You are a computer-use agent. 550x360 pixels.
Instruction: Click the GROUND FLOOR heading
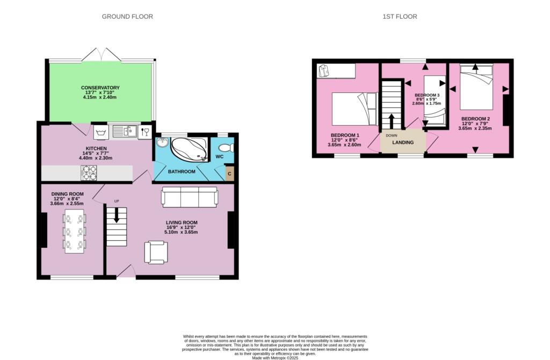pyautogui.click(x=127, y=17)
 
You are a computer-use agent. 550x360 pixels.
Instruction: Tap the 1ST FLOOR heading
pyautogui.click(x=400, y=17)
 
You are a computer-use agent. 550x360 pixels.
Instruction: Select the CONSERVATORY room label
pyautogui.click(x=100, y=88)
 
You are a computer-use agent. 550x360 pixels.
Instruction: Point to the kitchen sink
pyautogui.click(x=125, y=132)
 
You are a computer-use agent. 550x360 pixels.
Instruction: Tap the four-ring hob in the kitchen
pyautogui.click(x=89, y=172)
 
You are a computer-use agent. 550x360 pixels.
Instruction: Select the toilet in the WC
pyautogui.click(x=226, y=148)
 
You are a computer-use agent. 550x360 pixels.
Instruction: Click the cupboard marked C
pyautogui.click(x=229, y=174)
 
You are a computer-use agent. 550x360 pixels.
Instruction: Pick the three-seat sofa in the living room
pyautogui.click(x=190, y=197)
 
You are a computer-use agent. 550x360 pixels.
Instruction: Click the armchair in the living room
pyautogui.click(x=156, y=253)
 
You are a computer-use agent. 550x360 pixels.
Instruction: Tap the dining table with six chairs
pyautogui.click(x=74, y=232)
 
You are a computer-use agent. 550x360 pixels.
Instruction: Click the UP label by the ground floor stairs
pyautogui.click(x=117, y=201)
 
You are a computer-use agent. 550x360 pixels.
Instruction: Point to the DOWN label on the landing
pyautogui.click(x=392, y=135)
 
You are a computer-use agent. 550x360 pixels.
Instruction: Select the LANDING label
pyautogui.click(x=403, y=142)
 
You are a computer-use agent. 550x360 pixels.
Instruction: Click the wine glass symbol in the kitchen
pyautogui.click(x=145, y=132)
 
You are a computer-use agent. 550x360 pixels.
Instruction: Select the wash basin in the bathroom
pyautogui.click(x=162, y=143)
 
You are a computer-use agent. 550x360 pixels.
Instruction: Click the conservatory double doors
pyautogui.click(x=102, y=54)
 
